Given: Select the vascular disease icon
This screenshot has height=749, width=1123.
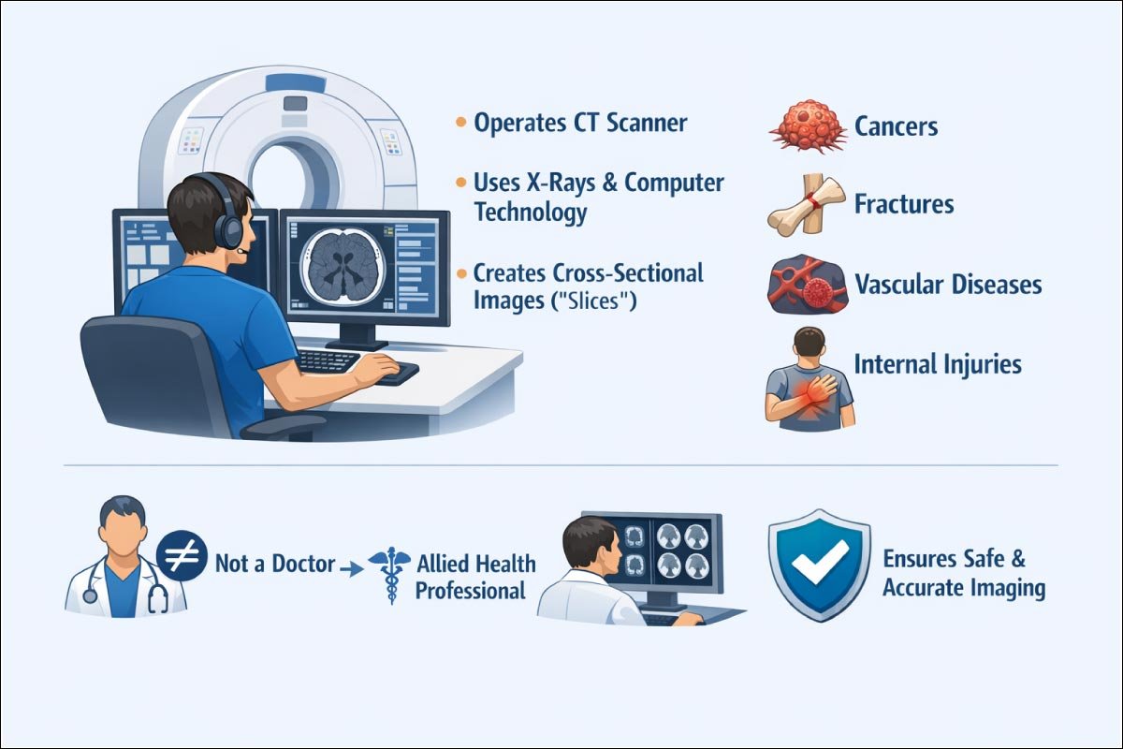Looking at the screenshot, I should pos(804,285).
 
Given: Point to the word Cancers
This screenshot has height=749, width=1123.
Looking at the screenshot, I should pos(896,126).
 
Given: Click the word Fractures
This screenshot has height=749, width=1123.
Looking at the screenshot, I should pos(903,203).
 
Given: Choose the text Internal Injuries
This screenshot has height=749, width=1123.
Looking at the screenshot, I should pos(937,363).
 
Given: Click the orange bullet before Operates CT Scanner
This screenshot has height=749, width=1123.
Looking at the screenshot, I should pos(459,123).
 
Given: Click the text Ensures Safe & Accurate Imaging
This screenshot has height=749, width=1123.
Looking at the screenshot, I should pos(963,573).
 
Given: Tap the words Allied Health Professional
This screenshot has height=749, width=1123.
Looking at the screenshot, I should pos(475,577).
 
